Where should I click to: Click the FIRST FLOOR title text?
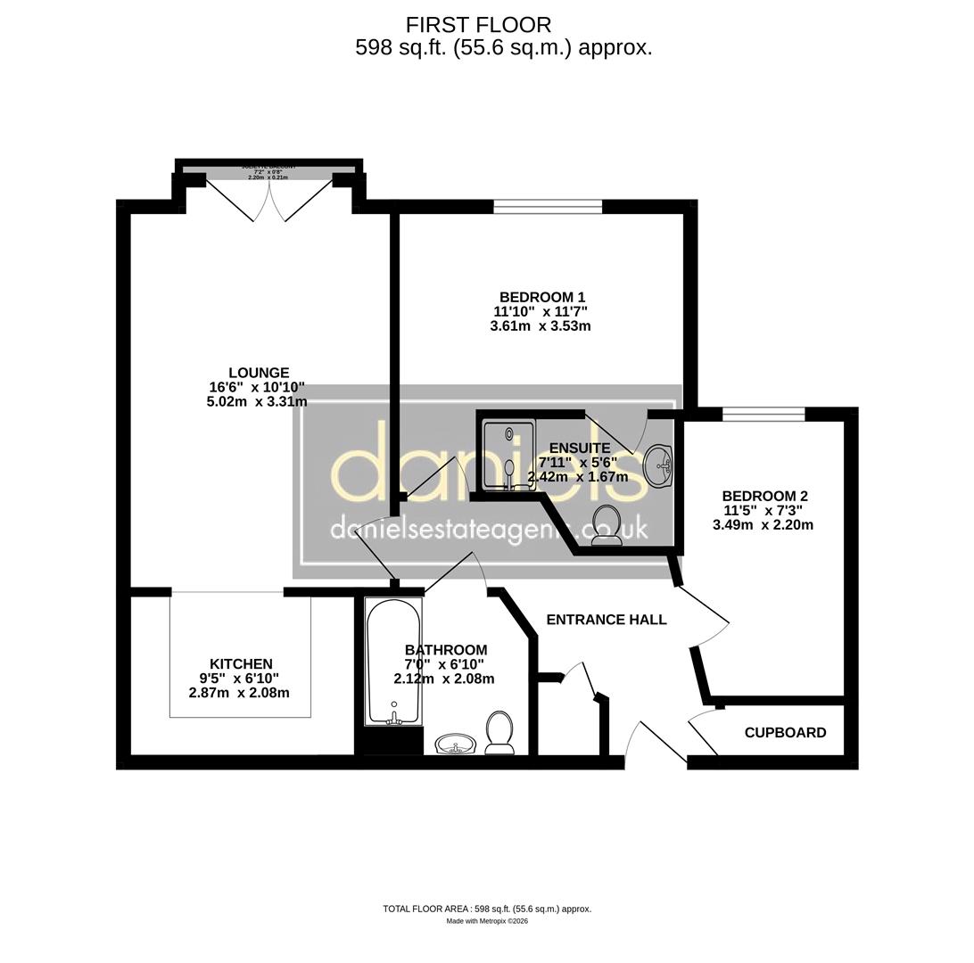[x=478, y=25]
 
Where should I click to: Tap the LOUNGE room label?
[x=259, y=373]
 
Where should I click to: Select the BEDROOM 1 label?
[x=541, y=297]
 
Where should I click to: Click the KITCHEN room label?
[x=241, y=663]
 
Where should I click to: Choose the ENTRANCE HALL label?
[x=606, y=620]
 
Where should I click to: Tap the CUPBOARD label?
[x=785, y=732]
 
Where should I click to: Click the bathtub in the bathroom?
[x=392, y=660]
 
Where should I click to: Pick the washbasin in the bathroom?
[x=457, y=744]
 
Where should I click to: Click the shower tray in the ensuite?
[x=508, y=455]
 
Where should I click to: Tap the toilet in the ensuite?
[x=607, y=523]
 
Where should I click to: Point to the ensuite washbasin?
[x=659, y=465]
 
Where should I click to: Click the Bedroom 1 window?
[x=548, y=207]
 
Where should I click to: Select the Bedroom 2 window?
[x=763, y=414]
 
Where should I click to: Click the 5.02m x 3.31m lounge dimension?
[x=257, y=402]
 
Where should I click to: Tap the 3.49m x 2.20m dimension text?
[x=763, y=525]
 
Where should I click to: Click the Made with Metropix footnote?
[x=487, y=921]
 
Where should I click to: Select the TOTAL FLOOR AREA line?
[x=487, y=909]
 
